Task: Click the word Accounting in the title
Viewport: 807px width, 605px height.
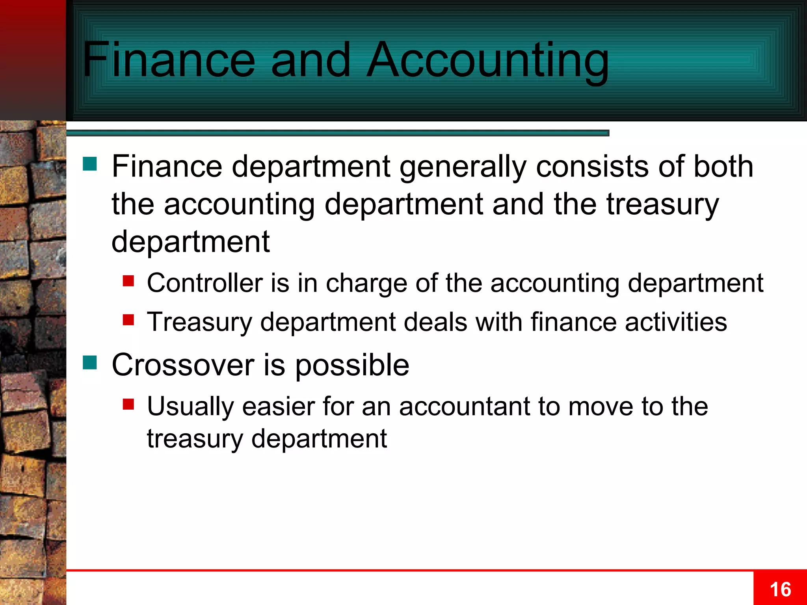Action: click(488, 61)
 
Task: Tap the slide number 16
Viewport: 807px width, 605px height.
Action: click(780, 590)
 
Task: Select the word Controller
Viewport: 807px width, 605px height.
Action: click(205, 283)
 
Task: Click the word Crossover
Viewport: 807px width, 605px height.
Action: click(183, 365)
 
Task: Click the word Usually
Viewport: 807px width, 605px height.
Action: click(190, 407)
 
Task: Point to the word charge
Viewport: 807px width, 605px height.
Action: click(366, 284)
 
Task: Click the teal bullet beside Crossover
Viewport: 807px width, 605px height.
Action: click(90, 362)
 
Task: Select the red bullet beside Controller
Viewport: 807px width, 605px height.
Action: click(128, 281)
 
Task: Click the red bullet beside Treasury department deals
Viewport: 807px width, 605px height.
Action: click(128, 319)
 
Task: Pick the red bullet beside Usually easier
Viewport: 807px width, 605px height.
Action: click(128, 404)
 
